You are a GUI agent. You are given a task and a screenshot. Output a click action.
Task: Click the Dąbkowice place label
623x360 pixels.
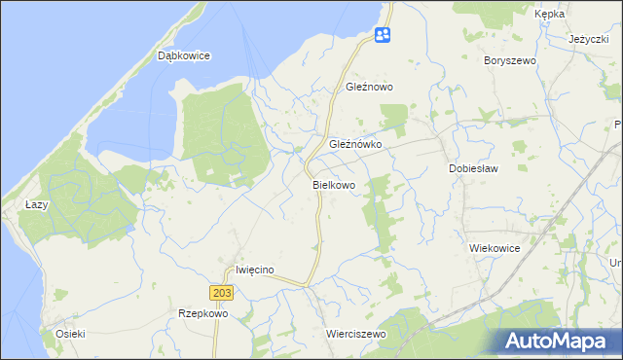coord(184,56)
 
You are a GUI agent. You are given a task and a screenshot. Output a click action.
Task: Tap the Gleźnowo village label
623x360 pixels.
coord(369,87)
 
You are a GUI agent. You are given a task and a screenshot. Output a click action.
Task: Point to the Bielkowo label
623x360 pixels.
coord(334,184)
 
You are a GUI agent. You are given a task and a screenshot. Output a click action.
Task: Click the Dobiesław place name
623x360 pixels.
coord(473,168)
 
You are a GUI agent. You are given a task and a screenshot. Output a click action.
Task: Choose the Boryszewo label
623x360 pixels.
coord(510,60)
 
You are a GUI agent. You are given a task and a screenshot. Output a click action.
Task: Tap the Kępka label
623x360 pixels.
coord(550,15)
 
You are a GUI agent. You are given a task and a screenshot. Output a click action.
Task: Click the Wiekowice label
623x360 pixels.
coord(495,249)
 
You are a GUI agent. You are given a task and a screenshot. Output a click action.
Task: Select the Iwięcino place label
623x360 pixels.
coord(256,270)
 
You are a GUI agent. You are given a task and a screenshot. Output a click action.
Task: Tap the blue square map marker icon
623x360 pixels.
coord(383,36)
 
